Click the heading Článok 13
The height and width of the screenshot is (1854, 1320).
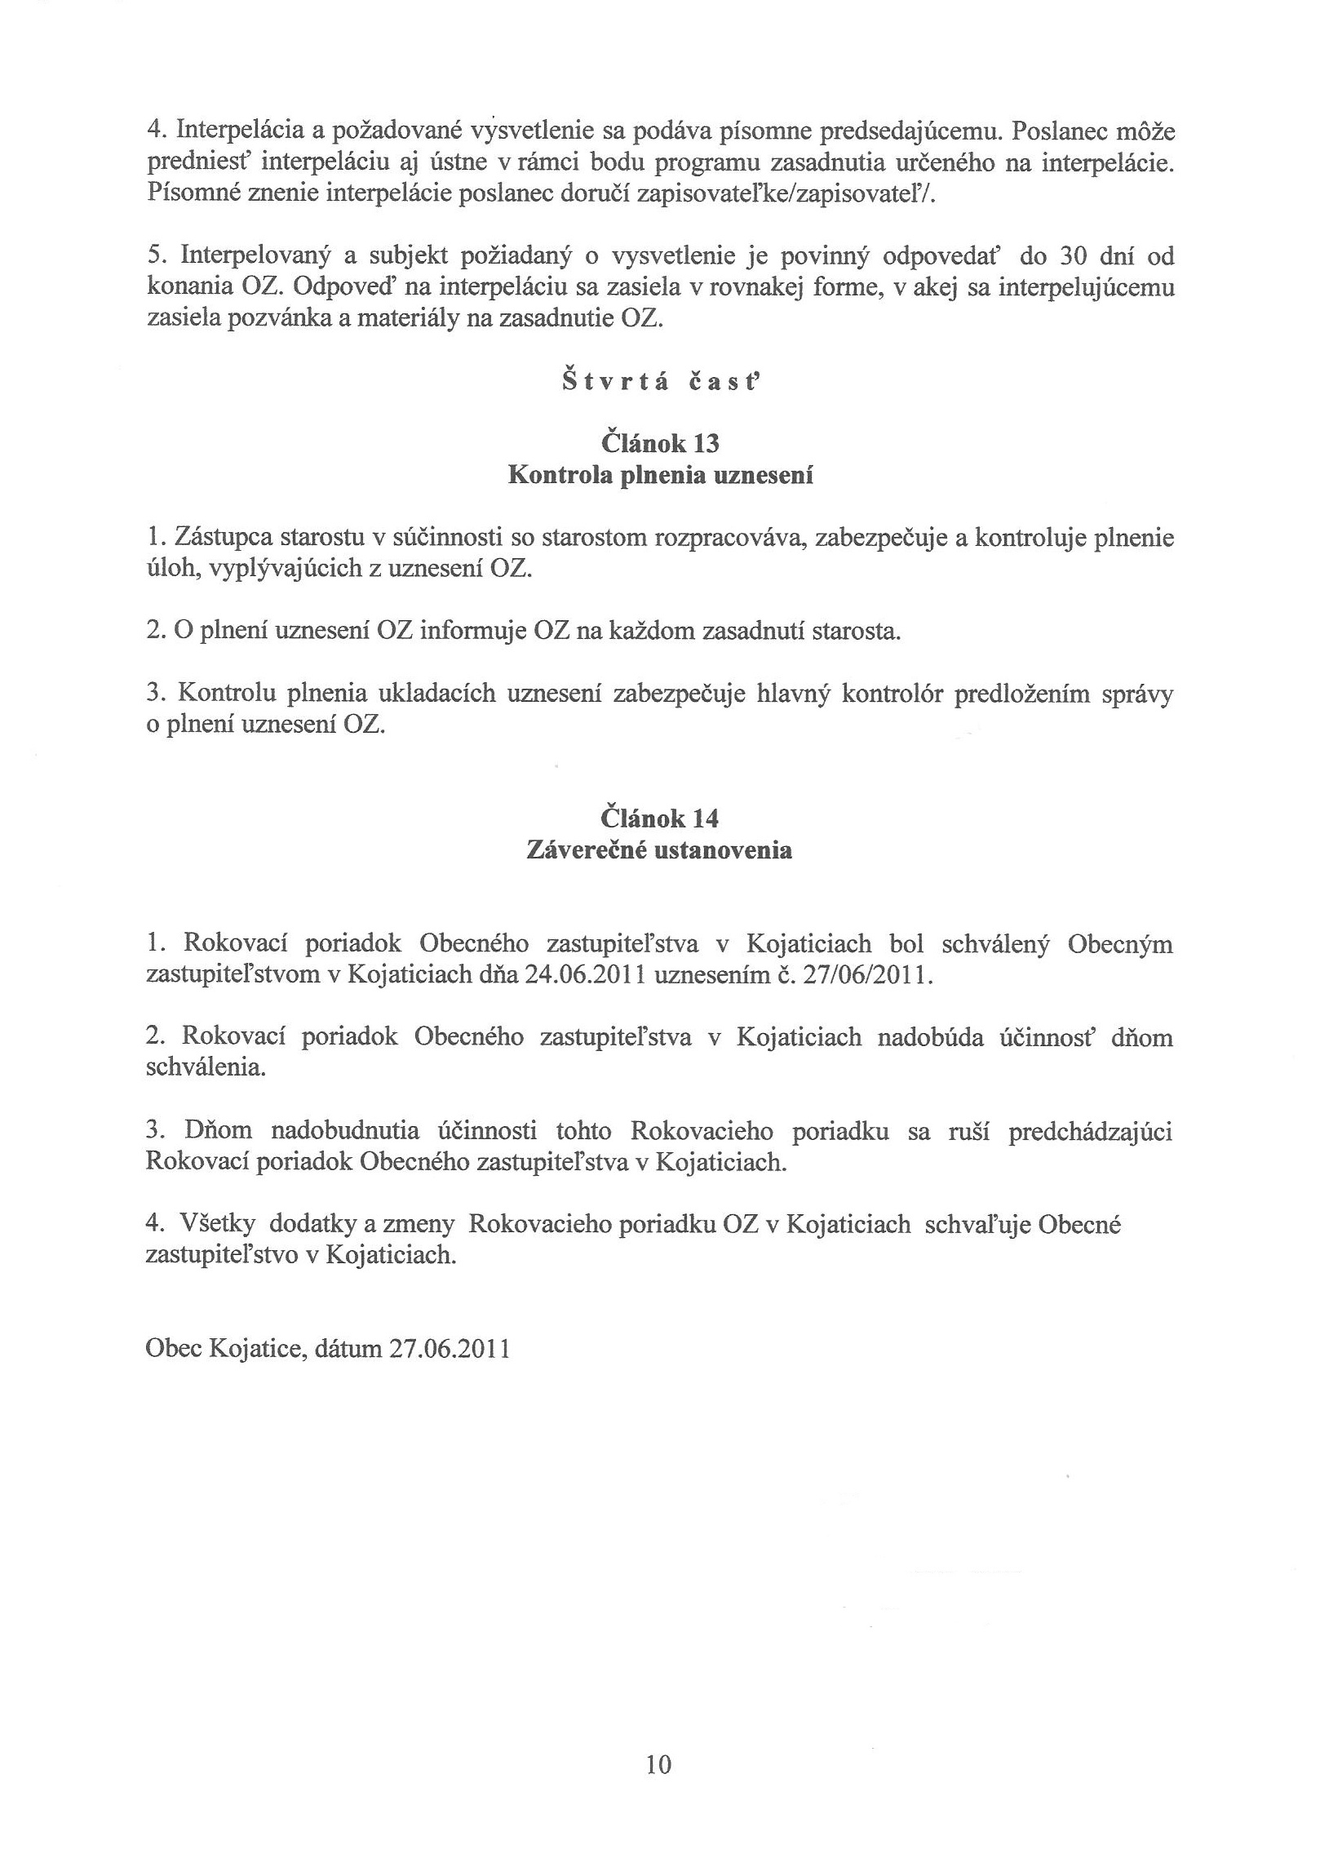point(660,443)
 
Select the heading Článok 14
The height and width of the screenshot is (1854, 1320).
point(660,818)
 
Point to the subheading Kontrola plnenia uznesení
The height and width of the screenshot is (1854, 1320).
point(660,475)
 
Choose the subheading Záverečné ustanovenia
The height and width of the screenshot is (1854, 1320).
point(659,850)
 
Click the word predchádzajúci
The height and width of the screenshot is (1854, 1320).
point(1090,1132)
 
